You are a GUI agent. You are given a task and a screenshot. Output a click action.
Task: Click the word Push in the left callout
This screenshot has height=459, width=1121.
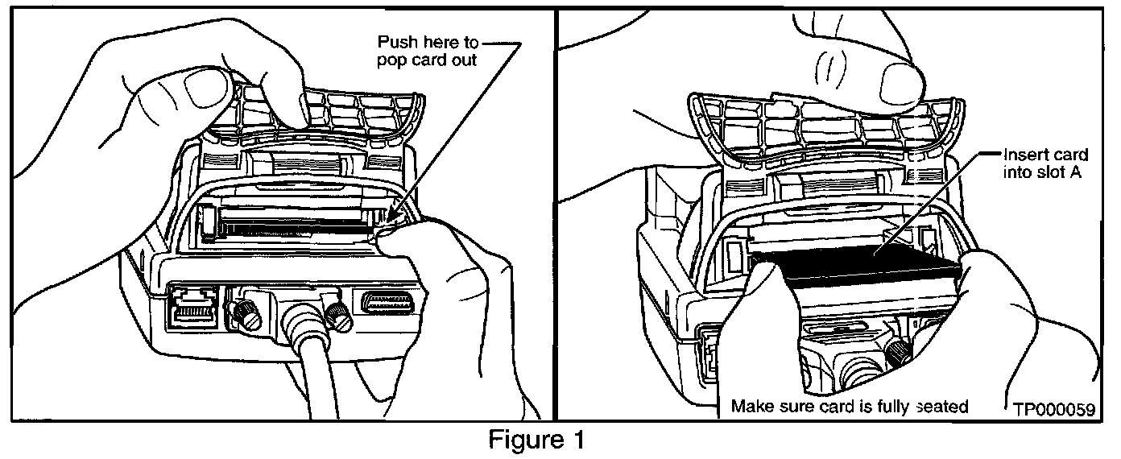(400, 41)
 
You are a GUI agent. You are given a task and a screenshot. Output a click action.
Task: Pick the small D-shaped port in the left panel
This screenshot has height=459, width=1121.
(388, 304)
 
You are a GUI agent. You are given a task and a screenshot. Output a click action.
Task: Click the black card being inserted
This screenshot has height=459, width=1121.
(854, 270)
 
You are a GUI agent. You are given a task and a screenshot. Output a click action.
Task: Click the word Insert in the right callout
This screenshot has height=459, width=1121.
(1022, 155)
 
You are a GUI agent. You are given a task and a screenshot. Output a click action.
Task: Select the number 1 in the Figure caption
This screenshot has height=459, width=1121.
(578, 441)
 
